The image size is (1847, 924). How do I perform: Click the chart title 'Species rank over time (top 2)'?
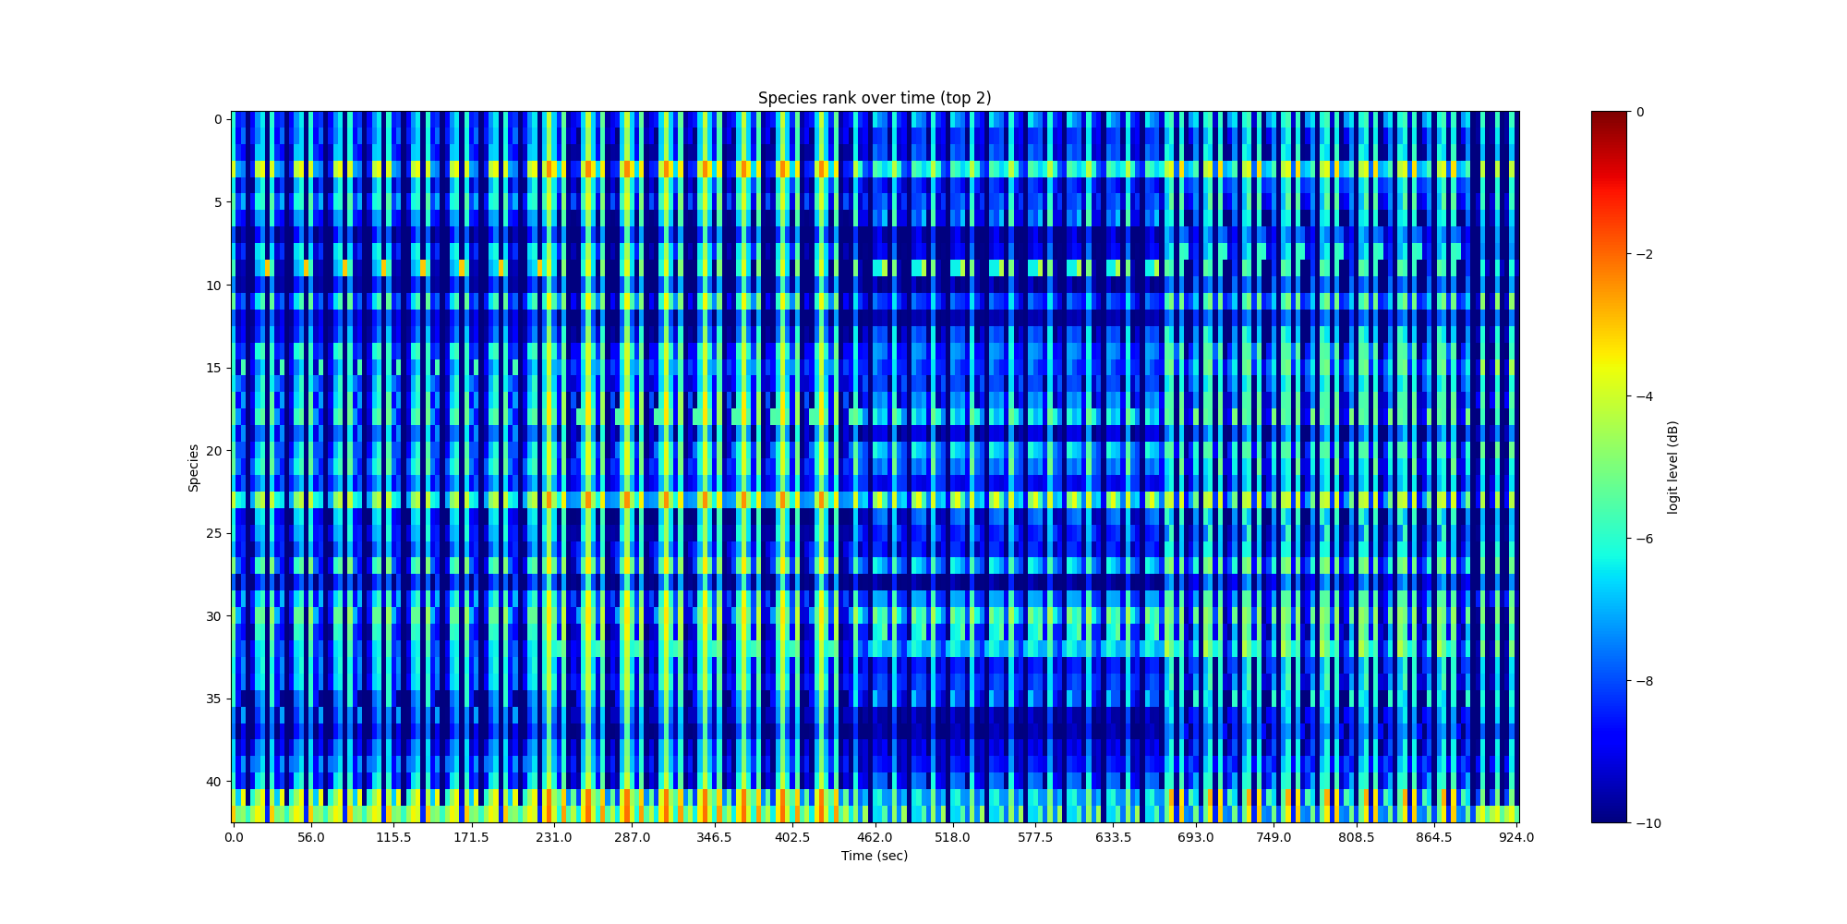(874, 98)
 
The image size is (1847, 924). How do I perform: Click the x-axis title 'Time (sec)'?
(874, 856)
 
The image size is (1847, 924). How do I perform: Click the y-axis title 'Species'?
(194, 468)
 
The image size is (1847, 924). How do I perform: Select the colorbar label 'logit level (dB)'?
(1672, 468)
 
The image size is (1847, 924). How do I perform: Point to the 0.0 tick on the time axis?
(234, 837)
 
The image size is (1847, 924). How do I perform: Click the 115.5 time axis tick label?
(393, 837)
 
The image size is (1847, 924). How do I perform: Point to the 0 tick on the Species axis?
(218, 119)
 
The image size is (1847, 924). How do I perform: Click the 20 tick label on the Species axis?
(214, 451)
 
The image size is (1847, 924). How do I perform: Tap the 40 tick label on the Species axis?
(214, 782)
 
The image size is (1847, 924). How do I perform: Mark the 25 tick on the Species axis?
(214, 533)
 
